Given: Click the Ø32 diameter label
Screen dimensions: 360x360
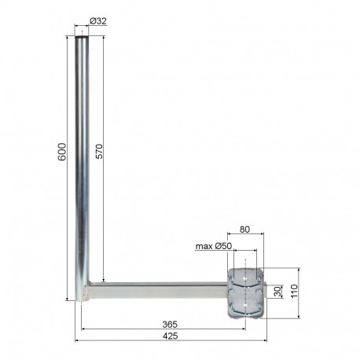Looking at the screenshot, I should point(97,21).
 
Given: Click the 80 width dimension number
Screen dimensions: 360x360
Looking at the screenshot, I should point(246,230).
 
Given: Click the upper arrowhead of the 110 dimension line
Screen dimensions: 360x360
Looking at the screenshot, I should point(297,269).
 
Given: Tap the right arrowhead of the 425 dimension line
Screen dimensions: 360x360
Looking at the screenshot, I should point(266,340).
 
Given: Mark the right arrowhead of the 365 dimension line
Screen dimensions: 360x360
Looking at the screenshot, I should point(244,328).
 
